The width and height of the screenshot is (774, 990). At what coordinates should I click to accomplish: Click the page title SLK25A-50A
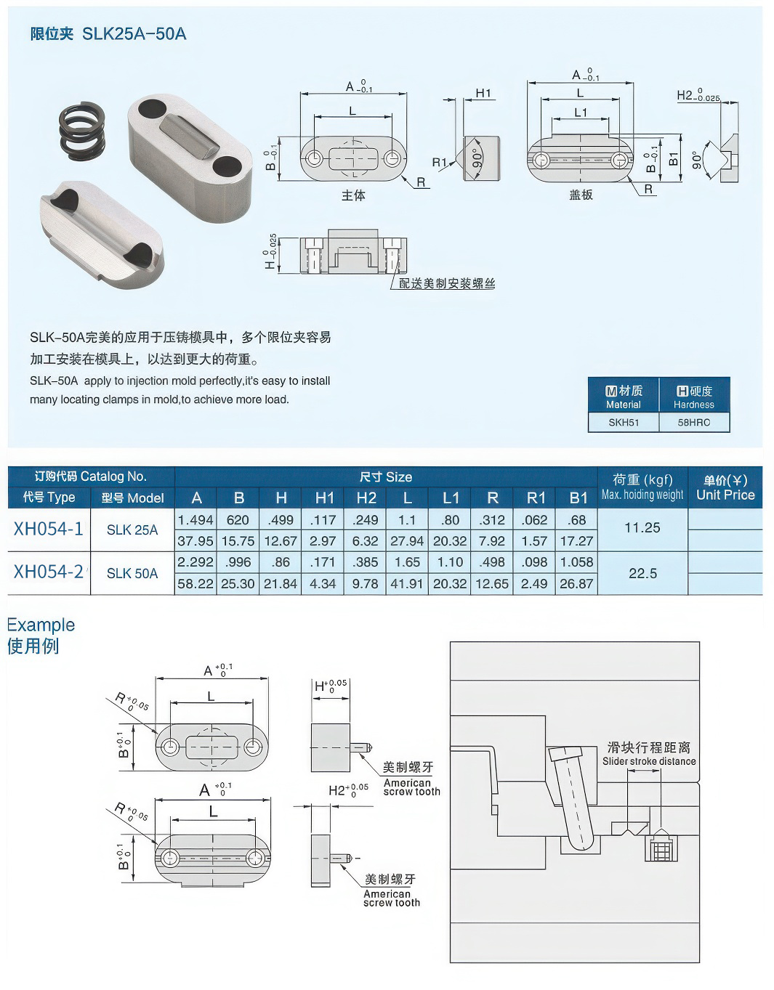pyautogui.click(x=108, y=33)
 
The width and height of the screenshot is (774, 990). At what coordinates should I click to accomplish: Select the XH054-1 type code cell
pyautogui.click(x=48, y=530)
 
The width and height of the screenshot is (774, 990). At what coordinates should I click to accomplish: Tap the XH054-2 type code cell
pyautogui.click(x=48, y=572)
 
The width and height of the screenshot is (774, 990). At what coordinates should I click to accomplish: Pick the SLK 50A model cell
pyautogui.click(x=132, y=573)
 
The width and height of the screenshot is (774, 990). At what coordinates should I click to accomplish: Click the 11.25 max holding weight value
pyautogui.click(x=642, y=528)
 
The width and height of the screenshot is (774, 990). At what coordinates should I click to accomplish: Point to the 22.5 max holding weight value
pyautogui.click(x=642, y=573)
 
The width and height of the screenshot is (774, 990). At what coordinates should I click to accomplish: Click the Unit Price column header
pyautogui.click(x=725, y=487)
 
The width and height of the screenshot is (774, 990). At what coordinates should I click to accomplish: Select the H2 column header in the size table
pyautogui.click(x=366, y=498)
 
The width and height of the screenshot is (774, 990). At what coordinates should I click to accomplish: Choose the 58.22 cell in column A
pyautogui.click(x=195, y=583)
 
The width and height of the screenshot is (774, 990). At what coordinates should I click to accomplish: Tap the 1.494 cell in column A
pyautogui.click(x=195, y=520)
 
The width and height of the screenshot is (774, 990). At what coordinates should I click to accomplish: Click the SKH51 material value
pyautogui.click(x=623, y=422)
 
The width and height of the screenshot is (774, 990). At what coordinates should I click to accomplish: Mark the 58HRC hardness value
pyautogui.click(x=693, y=422)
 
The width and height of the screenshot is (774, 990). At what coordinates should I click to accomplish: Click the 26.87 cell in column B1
pyautogui.click(x=576, y=583)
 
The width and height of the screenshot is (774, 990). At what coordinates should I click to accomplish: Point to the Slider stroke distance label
pyautogui.click(x=649, y=761)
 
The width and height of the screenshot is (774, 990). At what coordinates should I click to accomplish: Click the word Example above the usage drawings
pyautogui.click(x=41, y=625)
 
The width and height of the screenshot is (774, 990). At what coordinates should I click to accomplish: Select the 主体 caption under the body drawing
pyautogui.click(x=353, y=195)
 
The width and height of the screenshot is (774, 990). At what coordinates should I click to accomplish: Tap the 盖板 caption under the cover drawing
pyautogui.click(x=581, y=195)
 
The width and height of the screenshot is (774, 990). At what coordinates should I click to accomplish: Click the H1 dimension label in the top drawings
pyautogui.click(x=483, y=93)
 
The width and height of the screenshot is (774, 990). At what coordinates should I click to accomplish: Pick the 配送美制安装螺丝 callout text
pyautogui.click(x=446, y=283)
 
